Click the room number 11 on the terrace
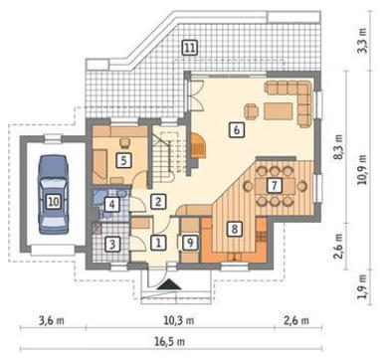(x=189, y=48)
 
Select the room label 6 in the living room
(x=237, y=129)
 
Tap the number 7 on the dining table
(x=275, y=185)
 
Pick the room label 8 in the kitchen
(x=235, y=229)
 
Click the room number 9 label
(x=190, y=243)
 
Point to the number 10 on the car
(x=54, y=201)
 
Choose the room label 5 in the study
(x=123, y=161)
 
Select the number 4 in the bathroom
(x=111, y=205)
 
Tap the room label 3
(x=112, y=245)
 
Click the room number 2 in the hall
(x=158, y=202)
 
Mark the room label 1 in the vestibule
(x=158, y=243)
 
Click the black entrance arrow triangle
(x=169, y=284)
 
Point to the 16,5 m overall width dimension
(x=170, y=341)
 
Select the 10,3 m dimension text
(x=179, y=320)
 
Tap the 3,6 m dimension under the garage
(x=52, y=320)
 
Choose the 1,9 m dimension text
(x=363, y=287)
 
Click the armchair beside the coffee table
(x=252, y=110)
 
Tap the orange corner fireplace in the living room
(x=198, y=145)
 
